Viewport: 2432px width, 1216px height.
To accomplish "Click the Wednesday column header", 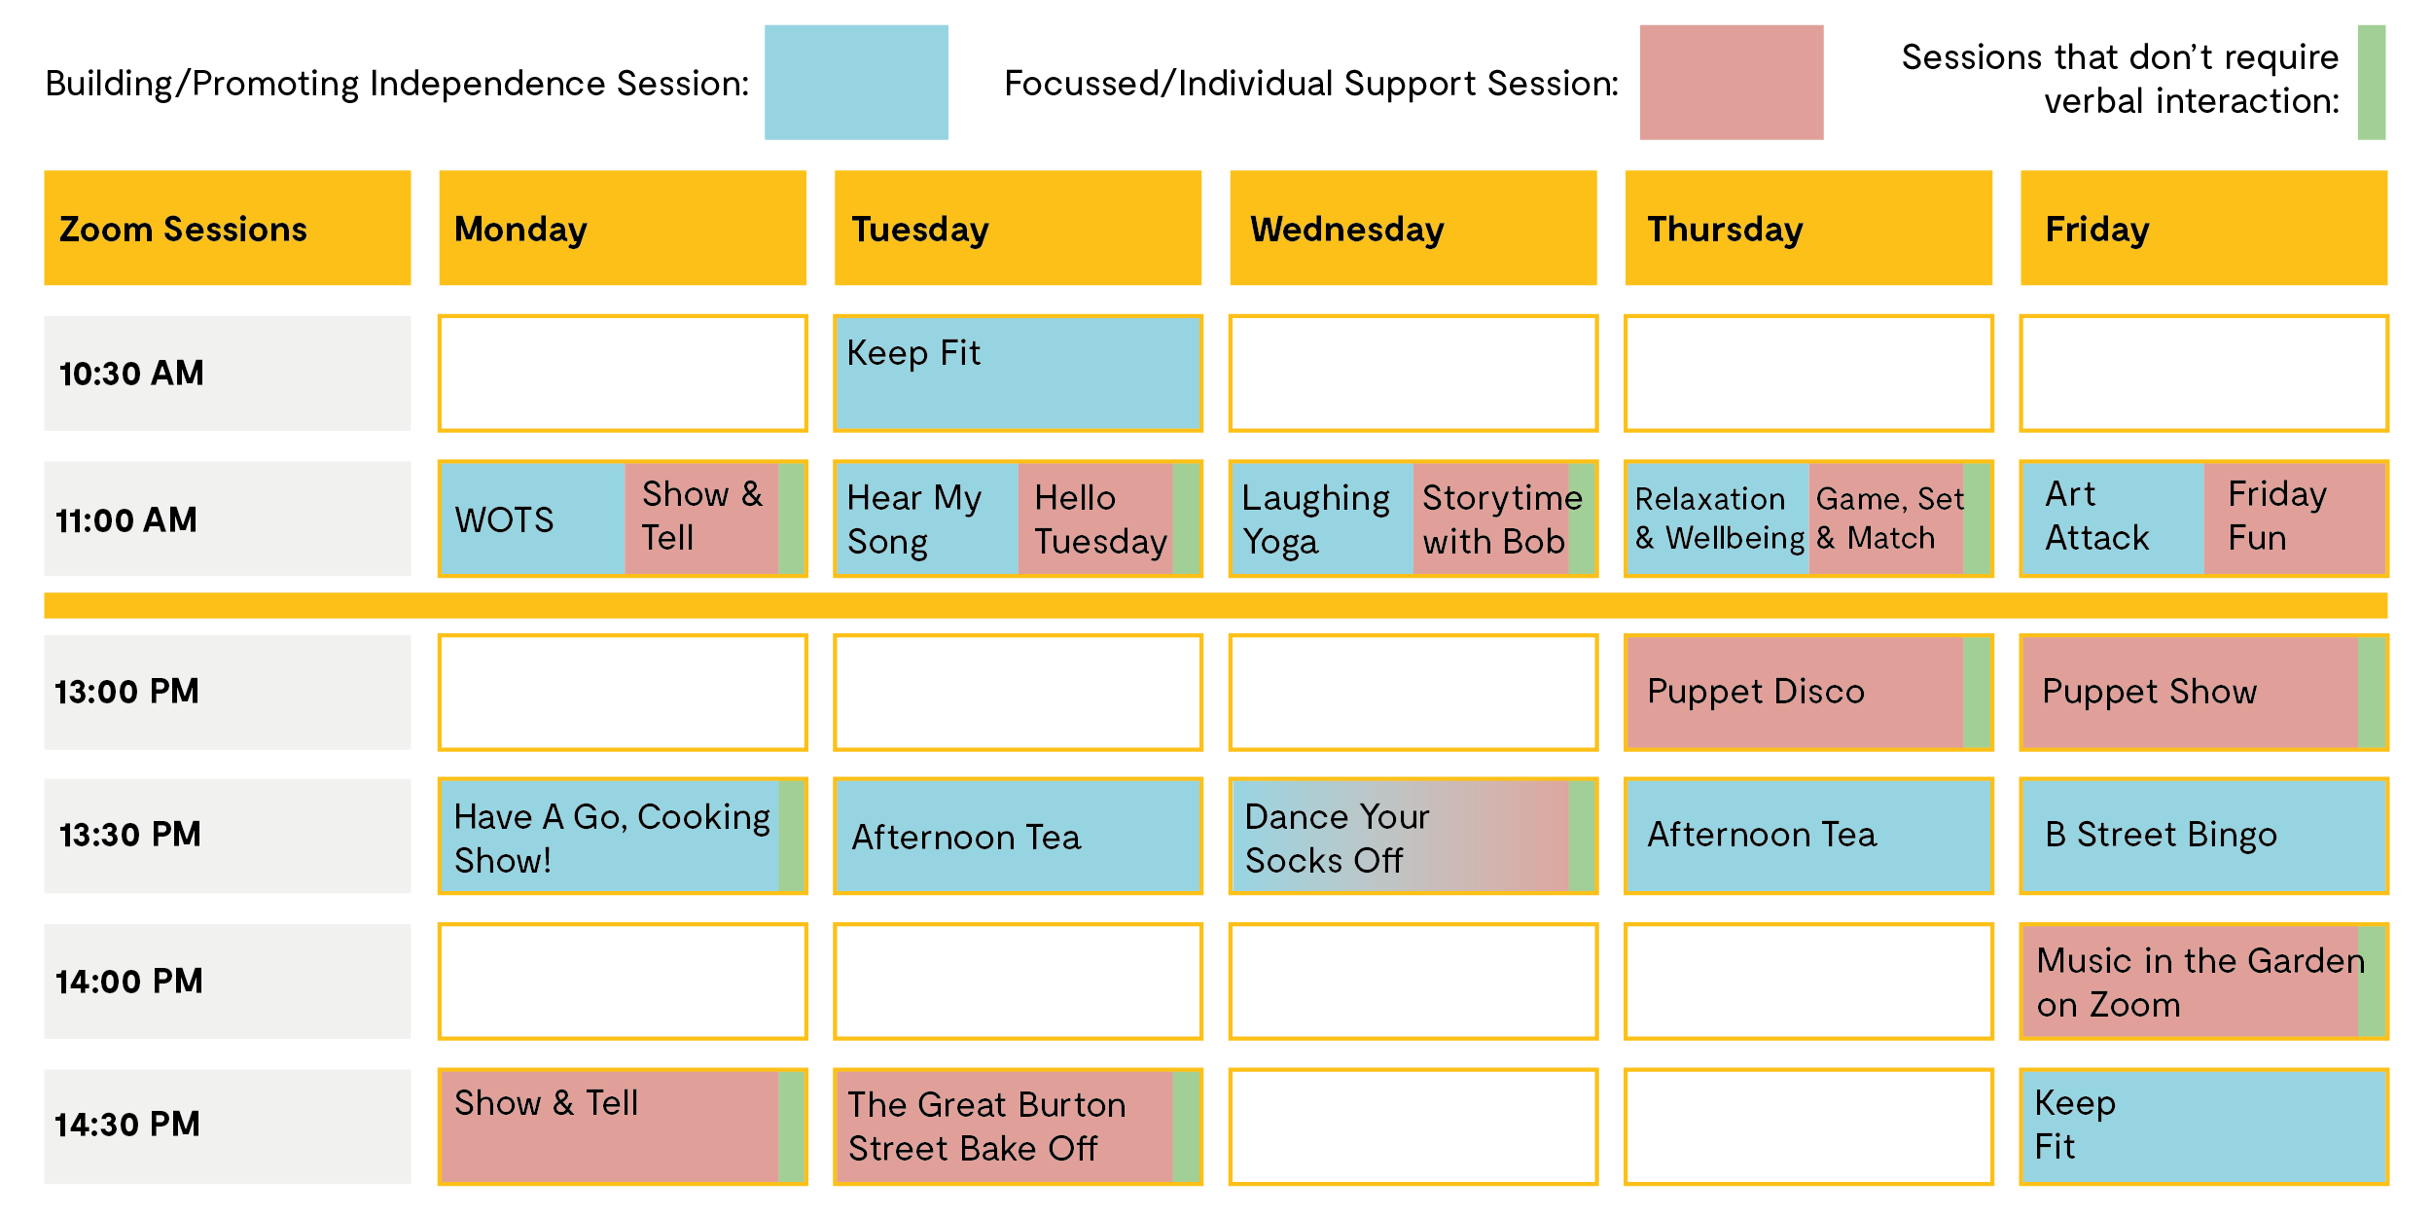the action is (x=1413, y=228).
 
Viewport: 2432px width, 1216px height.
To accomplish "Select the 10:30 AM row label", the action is (x=228, y=373).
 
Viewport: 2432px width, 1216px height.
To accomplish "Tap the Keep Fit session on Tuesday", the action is (x=1018, y=373).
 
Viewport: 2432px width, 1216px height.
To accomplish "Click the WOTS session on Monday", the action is (x=532, y=519).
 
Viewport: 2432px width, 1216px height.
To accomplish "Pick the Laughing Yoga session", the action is (x=1321, y=519).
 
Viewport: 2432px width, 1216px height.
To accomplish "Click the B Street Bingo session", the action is (x=2203, y=836).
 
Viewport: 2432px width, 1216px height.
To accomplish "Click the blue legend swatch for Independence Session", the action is (x=856, y=83).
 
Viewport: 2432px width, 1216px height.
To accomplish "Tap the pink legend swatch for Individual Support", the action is (x=1732, y=83).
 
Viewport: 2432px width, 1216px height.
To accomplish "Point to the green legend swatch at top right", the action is (x=2372, y=83).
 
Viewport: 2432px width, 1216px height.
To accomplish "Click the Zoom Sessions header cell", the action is (x=228, y=228).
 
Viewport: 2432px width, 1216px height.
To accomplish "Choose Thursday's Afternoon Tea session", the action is (x=1808, y=836).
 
